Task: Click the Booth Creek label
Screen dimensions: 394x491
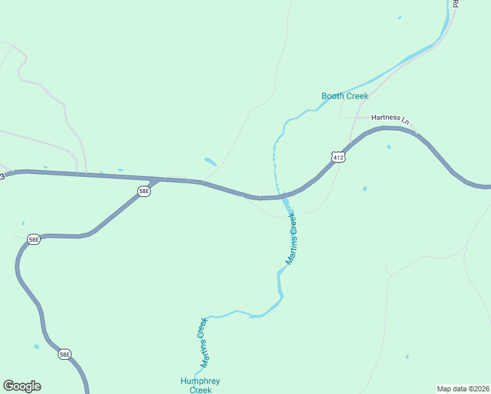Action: tap(345, 97)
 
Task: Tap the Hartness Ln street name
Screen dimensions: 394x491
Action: tap(390, 118)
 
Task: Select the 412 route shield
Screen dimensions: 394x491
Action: tap(337, 158)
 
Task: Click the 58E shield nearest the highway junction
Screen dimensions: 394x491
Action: tap(144, 191)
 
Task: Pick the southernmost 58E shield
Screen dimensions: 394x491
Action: tap(64, 355)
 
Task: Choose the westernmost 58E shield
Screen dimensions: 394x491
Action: tap(33, 240)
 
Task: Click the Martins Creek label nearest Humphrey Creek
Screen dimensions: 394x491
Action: tap(203, 342)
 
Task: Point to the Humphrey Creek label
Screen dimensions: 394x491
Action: tap(200, 385)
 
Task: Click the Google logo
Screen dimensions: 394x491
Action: tap(22, 386)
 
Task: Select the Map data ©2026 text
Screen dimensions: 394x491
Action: tap(463, 389)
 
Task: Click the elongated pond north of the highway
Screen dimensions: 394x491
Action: tap(210, 161)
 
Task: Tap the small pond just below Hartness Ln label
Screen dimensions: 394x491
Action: tap(389, 147)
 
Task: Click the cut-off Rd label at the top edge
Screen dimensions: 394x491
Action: tap(455, 3)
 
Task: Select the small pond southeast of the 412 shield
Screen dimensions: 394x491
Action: tap(365, 188)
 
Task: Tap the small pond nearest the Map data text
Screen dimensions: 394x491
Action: tap(407, 357)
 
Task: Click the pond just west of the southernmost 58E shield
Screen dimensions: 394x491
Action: tap(36, 347)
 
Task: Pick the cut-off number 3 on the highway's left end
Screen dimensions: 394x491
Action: tap(2, 176)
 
